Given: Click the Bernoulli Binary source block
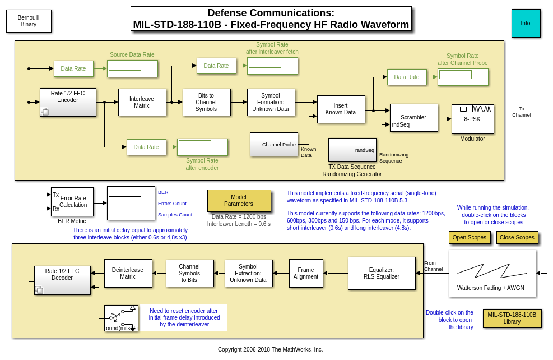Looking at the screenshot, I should point(29,21).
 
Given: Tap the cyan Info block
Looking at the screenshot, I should point(526,23).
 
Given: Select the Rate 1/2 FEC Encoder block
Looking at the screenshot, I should point(68,102).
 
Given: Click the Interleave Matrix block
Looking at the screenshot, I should point(142,102).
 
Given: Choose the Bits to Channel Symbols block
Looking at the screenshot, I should point(206,102).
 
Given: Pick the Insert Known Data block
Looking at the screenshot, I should point(341,109).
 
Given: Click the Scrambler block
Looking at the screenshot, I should point(413,118).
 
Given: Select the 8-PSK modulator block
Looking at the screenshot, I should point(472,119).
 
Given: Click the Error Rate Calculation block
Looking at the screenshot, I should point(72,201).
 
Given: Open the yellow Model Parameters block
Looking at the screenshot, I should point(239,200).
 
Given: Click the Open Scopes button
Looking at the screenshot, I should point(469,237).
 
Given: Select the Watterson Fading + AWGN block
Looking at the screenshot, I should point(492,273).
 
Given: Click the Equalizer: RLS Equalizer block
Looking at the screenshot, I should point(381,273).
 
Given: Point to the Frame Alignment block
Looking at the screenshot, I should point(306,273).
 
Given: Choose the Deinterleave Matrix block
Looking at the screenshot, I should point(128,273).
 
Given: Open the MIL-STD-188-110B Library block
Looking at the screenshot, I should point(512,318).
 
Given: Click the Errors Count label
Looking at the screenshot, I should point(172,204).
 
